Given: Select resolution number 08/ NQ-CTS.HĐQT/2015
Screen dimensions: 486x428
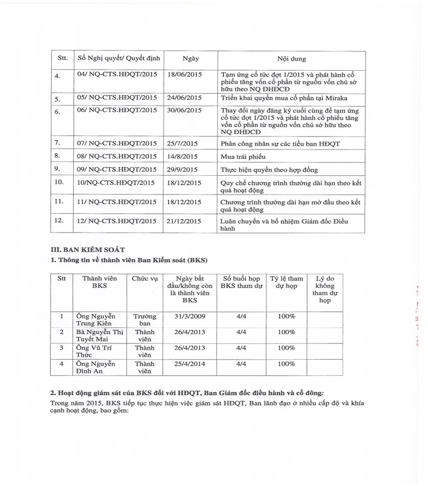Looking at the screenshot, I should click(x=117, y=156).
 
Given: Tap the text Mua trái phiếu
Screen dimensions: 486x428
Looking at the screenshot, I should click(x=243, y=157).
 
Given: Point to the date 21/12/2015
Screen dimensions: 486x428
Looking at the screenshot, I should click(x=185, y=220).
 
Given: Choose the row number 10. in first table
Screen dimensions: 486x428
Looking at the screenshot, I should click(x=59, y=182).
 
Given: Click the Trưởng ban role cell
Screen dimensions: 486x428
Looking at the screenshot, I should click(x=144, y=320).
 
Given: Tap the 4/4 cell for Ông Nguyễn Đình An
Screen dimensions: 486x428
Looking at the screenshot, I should click(x=241, y=364).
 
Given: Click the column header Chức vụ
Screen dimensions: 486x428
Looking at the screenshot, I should click(x=144, y=279).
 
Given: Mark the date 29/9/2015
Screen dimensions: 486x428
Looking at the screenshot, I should click(x=183, y=169).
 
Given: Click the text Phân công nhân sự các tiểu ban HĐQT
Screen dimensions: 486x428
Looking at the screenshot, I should click(x=280, y=144).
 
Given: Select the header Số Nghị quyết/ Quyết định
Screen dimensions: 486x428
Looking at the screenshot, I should click(x=119, y=58).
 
